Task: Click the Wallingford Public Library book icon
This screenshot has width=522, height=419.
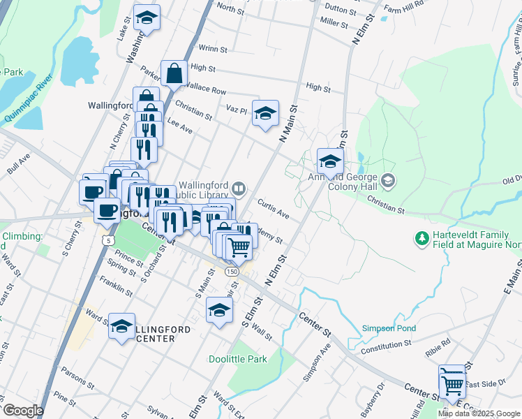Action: pos(239,188)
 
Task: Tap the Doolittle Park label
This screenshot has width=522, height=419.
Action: pos(238,360)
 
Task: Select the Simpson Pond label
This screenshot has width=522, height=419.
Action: pos(389,328)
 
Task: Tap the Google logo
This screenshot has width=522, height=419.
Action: pos(22,411)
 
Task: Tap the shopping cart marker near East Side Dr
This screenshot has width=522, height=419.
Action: pos(453,383)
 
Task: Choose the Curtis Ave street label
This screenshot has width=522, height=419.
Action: pos(273,209)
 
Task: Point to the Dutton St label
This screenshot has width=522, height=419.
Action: pos(341,9)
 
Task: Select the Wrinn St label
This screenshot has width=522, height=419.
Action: pos(213,49)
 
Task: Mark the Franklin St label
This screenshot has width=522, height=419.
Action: pos(116,285)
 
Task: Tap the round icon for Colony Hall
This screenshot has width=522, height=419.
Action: pos(389,182)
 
